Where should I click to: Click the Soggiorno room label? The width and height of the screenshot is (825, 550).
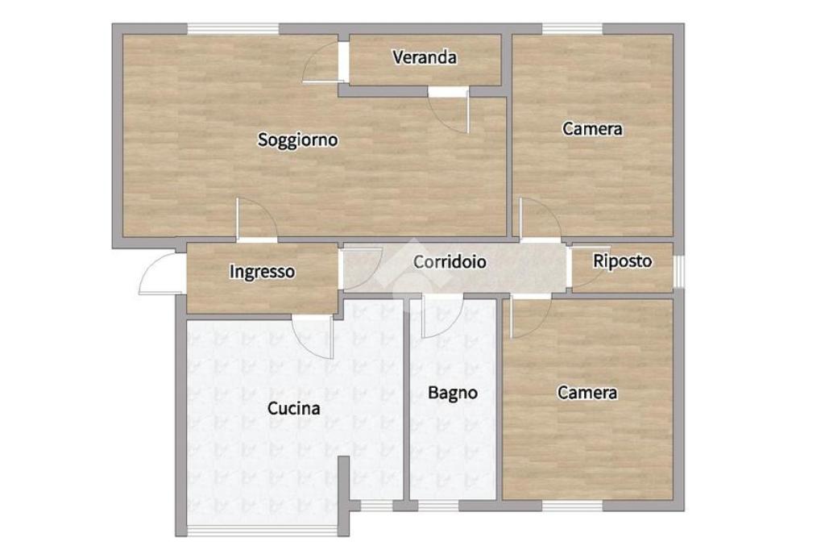pos(298,140)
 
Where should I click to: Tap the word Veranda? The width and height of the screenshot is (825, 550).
pos(425,57)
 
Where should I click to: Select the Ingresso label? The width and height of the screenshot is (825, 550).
pos(262,272)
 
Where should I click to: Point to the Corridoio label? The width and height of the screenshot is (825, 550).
pos(450,262)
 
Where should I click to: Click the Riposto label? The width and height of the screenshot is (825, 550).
pos(623,261)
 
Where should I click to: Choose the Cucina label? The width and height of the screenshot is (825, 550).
pos(293,408)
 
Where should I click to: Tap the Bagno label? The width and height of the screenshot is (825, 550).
pos(453,393)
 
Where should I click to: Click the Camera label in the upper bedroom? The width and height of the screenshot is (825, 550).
pos(592,128)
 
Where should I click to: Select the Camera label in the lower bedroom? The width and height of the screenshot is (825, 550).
pos(587,393)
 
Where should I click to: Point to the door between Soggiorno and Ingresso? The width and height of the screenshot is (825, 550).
pos(257,220)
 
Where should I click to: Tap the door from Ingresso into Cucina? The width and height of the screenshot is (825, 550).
pos(313,337)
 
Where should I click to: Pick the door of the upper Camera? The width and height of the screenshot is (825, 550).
pos(541,219)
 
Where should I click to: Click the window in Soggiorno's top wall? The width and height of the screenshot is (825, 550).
pos(233,28)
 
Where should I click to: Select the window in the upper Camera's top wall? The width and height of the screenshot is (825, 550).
pos(573,28)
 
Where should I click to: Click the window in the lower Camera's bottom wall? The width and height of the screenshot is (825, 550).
pos(573,506)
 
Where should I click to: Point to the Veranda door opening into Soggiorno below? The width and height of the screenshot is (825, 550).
pos(448,110)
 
